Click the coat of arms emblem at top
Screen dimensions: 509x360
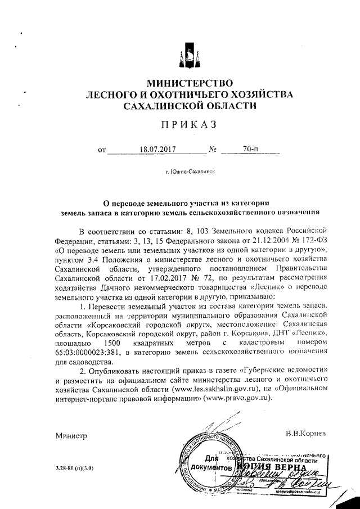click(188, 56)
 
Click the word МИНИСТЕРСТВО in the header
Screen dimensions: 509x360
click(188, 83)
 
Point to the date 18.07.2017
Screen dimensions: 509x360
click(157, 150)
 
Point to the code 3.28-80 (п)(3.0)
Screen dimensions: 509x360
click(74, 468)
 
